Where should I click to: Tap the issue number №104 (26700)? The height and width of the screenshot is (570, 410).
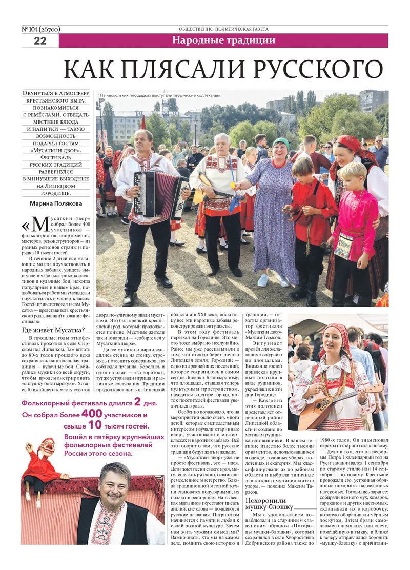[41, 29]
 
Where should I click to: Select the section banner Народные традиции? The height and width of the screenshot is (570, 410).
[223, 40]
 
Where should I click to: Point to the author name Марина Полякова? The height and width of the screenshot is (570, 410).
[56, 202]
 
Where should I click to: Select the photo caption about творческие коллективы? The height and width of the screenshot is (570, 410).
[160, 95]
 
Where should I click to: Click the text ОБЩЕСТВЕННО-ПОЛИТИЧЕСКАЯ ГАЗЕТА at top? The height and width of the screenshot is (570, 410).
[223, 29]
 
